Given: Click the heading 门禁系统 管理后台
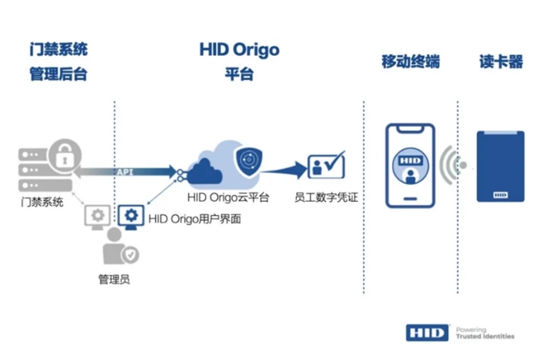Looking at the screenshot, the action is pos(58,62).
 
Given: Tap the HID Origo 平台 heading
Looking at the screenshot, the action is pos(239,61).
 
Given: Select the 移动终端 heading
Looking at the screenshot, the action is pos(410,62).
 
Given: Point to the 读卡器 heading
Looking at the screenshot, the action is pos(501,62).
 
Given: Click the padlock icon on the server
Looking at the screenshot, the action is pos(65,156).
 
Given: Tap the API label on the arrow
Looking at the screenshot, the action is pos(125,172).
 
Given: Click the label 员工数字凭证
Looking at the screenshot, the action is pos(326,197).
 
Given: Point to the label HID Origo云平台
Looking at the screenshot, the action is pos(228,197).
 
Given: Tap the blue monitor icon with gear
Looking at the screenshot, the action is pos(131,217).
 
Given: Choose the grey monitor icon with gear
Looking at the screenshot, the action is pos(98,217).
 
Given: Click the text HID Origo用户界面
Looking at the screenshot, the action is pos(194,218).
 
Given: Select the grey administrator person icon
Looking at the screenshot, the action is pos(120,246).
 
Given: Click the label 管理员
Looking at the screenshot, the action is pos(114,279).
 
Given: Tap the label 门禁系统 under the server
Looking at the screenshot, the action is pos(43,202).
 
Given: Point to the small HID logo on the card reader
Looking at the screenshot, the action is pos(500,195).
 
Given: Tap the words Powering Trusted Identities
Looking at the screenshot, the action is pos(485,333).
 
